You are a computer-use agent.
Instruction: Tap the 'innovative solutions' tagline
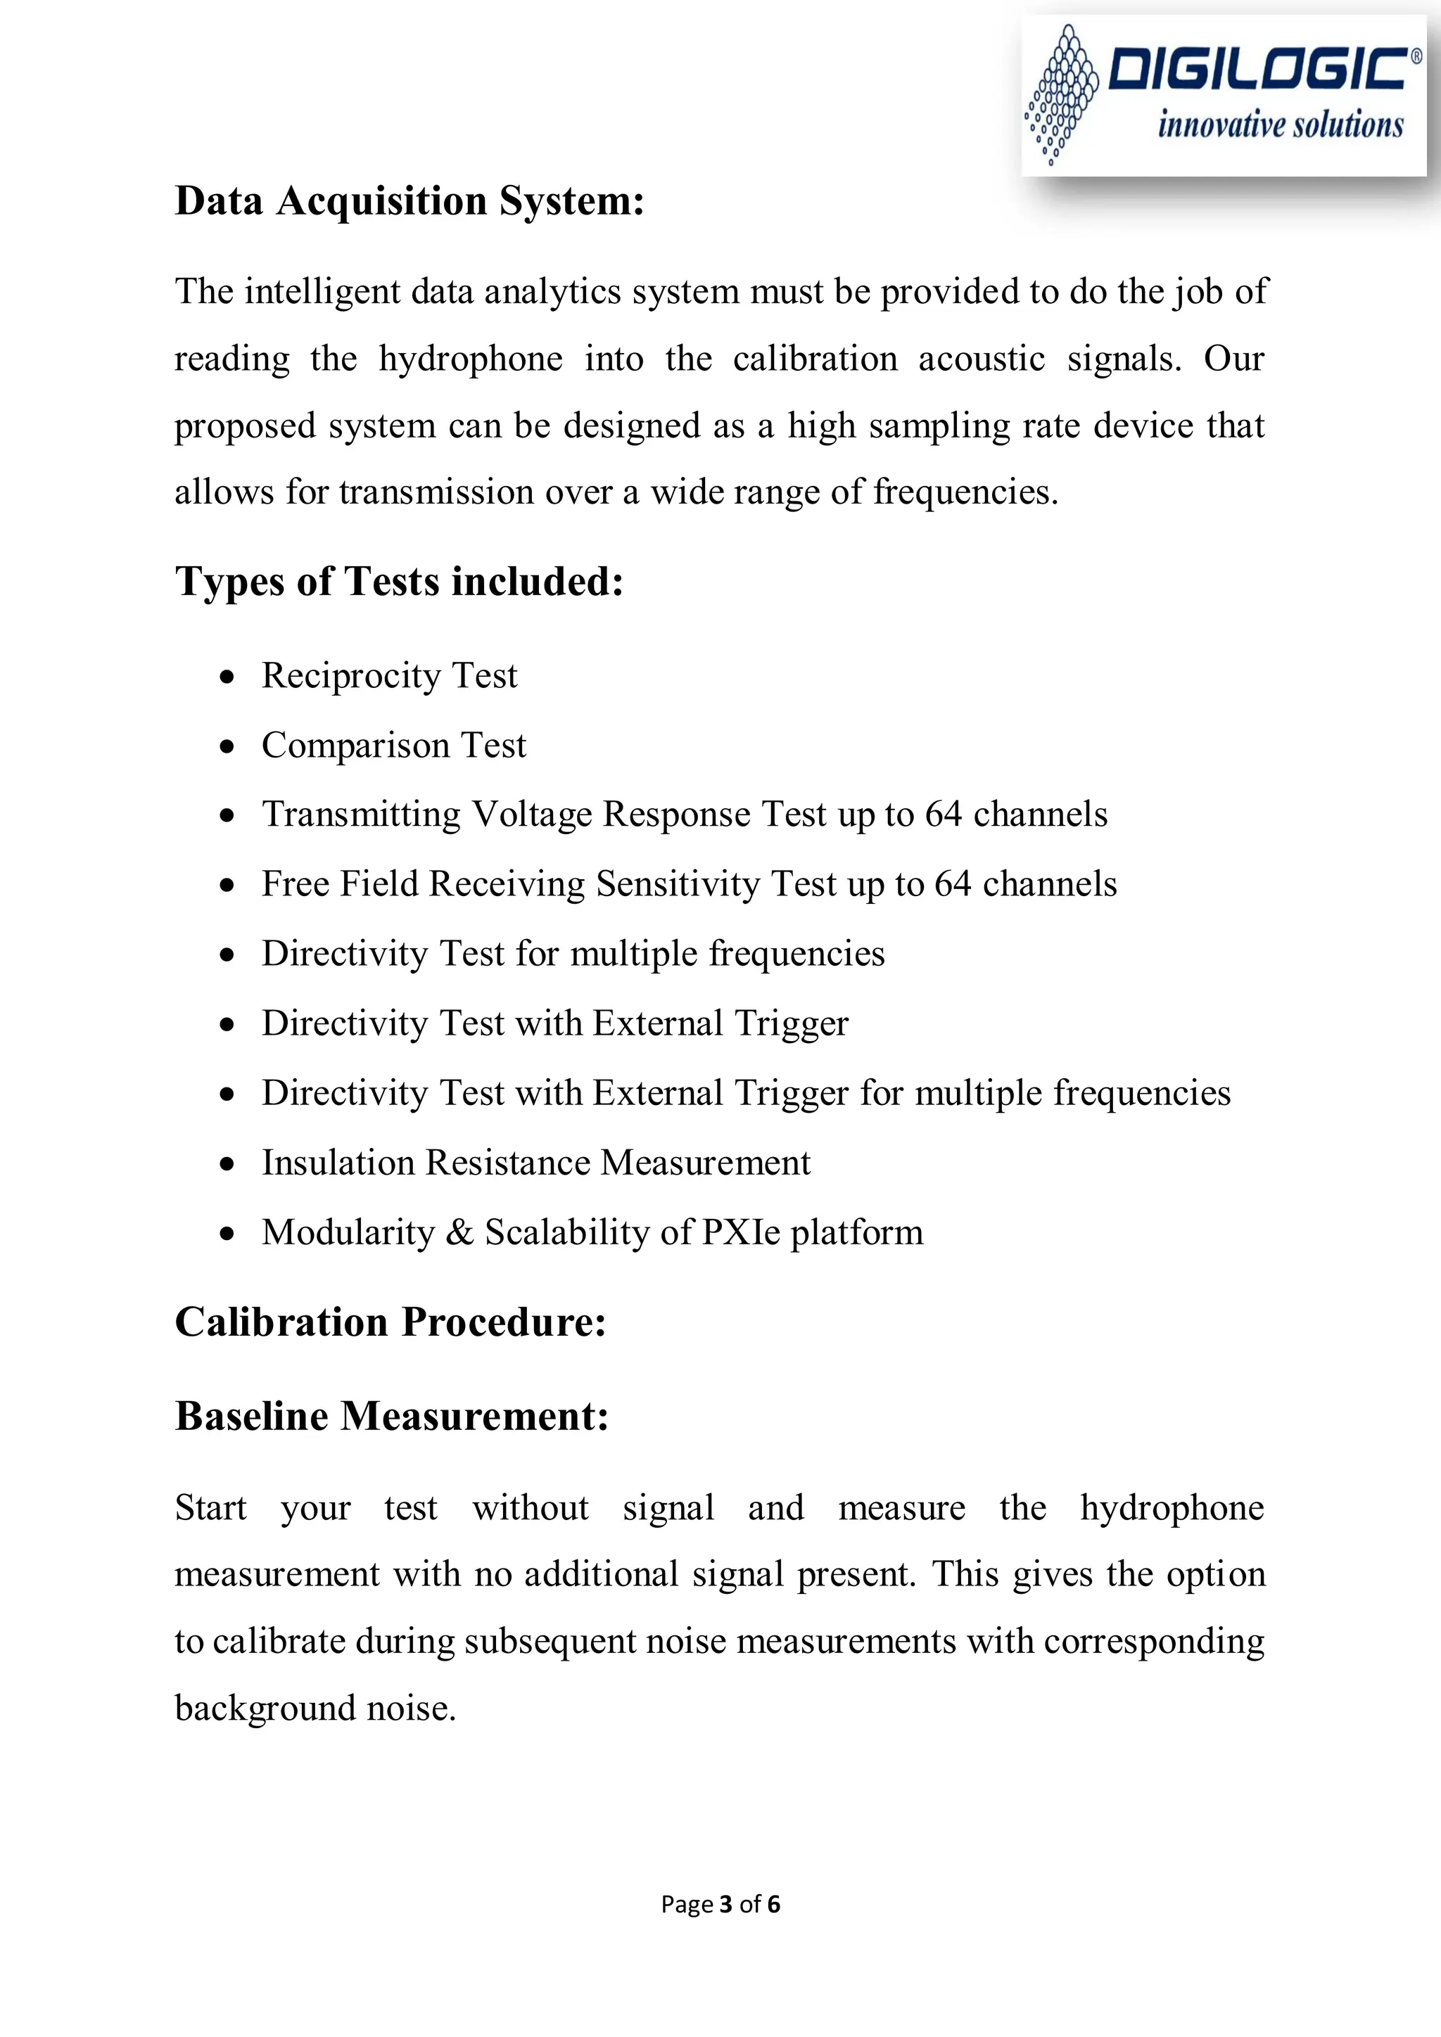(x=1279, y=125)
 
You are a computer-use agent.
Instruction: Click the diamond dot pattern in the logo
(x=1061, y=93)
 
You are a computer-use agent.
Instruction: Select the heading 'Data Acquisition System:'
(x=409, y=200)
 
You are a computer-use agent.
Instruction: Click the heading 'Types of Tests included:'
(x=399, y=582)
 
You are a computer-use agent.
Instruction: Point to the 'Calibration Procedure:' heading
(x=391, y=1322)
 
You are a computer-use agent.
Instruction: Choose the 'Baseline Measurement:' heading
(x=391, y=1416)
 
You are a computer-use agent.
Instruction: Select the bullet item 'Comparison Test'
(x=393, y=746)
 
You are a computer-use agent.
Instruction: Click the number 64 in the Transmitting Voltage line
(x=944, y=815)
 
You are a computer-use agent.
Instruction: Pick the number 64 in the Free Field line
(x=953, y=885)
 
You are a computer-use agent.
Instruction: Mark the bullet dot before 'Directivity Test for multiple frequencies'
(x=228, y=955)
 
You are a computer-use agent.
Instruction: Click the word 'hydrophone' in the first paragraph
(x=470, y=359)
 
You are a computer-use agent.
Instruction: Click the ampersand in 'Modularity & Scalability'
(x=459, y=1232)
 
